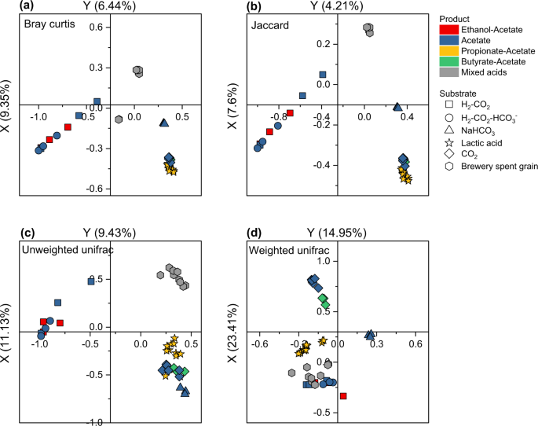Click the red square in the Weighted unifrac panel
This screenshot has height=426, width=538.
click(343, 396)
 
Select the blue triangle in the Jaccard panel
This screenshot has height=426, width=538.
click(397, 108)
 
